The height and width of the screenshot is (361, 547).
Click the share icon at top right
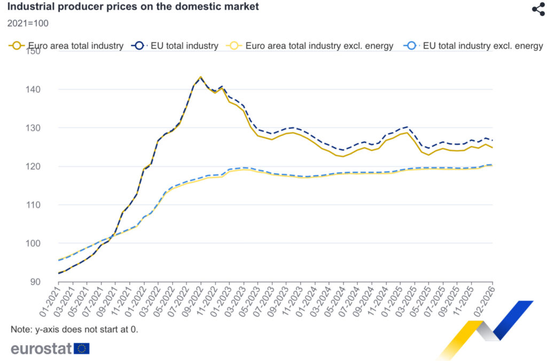pyautogui.click(x=538, y=9)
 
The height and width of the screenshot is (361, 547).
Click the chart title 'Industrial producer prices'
pyautogui.click(x=133, y=7)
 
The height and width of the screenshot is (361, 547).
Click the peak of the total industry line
pyautogui.click(x=201, y=77)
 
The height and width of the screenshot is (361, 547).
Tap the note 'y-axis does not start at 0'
pyautogui.click(x=74, y=329)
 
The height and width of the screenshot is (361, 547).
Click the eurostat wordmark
pyautogui.click(x=41, y=349)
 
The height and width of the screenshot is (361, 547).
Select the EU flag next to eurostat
pyautogui.click(x=82, y=349)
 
